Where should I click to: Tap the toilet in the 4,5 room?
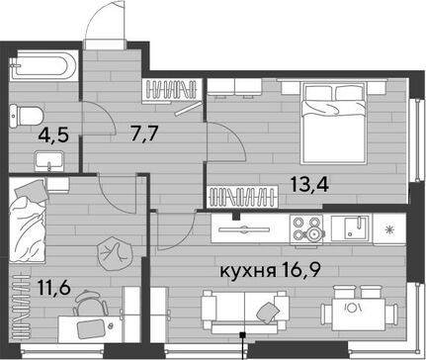(27, 116)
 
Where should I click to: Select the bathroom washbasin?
(48, 161)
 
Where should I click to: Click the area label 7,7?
(144, 134)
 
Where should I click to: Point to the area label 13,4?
(309, 184)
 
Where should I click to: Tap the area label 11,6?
(54, 288)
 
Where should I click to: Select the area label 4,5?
(53, 135)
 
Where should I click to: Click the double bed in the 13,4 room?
(334, 123)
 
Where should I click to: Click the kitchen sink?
(352, 227)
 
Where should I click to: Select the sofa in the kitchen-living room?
(244, 312)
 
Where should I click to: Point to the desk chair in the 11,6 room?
(90, 304)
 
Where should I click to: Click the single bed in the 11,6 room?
(27, 221)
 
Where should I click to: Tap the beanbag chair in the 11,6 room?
(114, 254)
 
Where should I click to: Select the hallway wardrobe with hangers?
(173, 90)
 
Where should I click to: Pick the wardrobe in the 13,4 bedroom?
(242, 197)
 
